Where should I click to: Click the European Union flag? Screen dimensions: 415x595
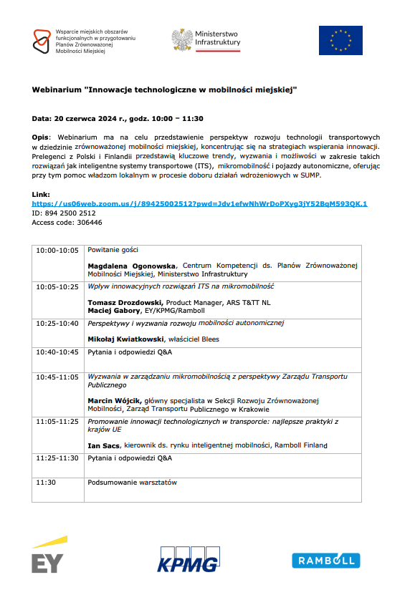click(x=340, y=41)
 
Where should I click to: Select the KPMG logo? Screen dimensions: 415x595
click(x=189, y=558)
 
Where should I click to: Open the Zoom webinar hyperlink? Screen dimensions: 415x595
click(x=199, y=204)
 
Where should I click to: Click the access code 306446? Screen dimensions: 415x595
click(x=85, y=223)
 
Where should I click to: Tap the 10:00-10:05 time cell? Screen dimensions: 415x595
click(x=57, y=251)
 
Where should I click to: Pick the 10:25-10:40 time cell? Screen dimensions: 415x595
click(x=57, y=324)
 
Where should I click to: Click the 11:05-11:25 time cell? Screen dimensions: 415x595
click(x=57, y=422)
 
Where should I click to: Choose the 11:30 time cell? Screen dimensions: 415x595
click(x=46, y=483)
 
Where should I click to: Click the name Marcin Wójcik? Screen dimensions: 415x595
click(x=114, y=400)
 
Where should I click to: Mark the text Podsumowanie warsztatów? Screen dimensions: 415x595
click(x=132, y=483)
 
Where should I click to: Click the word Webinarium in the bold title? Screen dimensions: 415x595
click(x=57, y=92)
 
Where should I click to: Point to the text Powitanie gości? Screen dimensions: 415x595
click(x=113, y=251)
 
